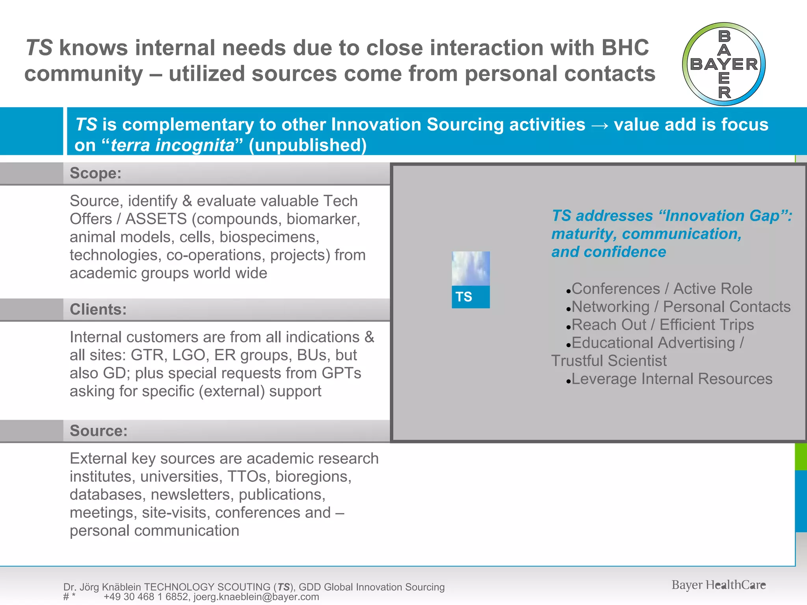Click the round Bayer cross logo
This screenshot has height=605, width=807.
pos(724,64)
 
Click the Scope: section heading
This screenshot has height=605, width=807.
pos(96,173)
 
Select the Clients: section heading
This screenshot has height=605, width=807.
pos(98,310)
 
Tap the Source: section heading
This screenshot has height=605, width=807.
pos(99,431)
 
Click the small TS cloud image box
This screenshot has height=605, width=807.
pos(470,280)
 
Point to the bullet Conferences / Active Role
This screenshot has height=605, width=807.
pos(662,289)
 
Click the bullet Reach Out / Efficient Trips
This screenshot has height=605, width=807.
pos(662,325)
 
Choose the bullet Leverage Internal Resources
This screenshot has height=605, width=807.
pos(671,379)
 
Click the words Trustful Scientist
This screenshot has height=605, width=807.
pos(609,361)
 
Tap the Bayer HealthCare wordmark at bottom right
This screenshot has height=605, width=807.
pos(718,585)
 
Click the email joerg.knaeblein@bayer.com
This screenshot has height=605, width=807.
pos(256,597)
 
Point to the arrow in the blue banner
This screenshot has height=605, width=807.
pos(599,125)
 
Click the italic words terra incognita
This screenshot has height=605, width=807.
pos(173,145)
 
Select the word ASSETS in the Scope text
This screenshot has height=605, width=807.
pos(156,219)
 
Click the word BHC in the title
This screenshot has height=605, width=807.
pos(625,48)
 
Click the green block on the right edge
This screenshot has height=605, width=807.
pos(801,457)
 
